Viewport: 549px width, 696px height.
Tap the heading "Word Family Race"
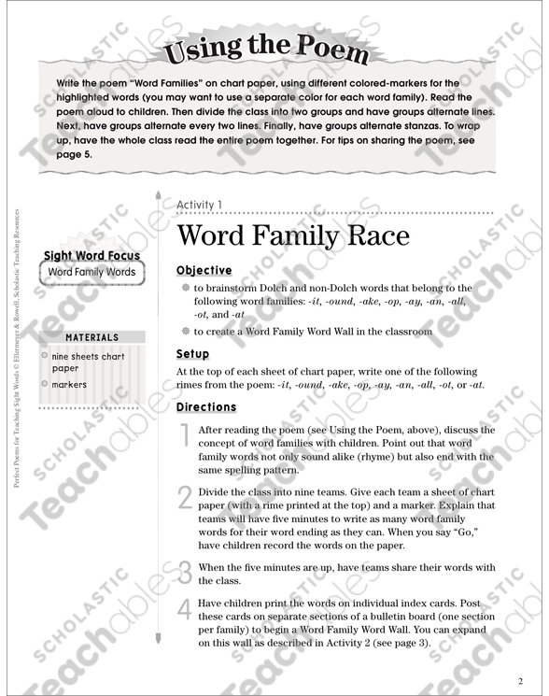[292, 234]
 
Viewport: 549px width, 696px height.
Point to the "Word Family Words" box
[91, 273]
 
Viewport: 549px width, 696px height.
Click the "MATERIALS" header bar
[91, 337]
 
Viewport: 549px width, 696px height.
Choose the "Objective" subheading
[204, 270]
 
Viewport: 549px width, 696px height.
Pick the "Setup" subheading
[192, 354]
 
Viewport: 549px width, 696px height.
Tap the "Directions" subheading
[206, 407]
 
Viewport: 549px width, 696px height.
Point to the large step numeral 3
[184, 571]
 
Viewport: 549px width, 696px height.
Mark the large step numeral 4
[184, 609]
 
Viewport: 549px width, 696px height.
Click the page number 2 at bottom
[520, 680]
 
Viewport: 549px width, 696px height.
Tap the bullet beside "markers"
[45, 384]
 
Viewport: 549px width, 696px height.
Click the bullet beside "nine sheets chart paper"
[45, 357]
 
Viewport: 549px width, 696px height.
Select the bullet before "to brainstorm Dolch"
[186, 288]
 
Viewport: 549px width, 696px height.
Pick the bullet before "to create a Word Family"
[186, 331]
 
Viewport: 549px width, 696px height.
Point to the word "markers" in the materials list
[69, 384]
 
